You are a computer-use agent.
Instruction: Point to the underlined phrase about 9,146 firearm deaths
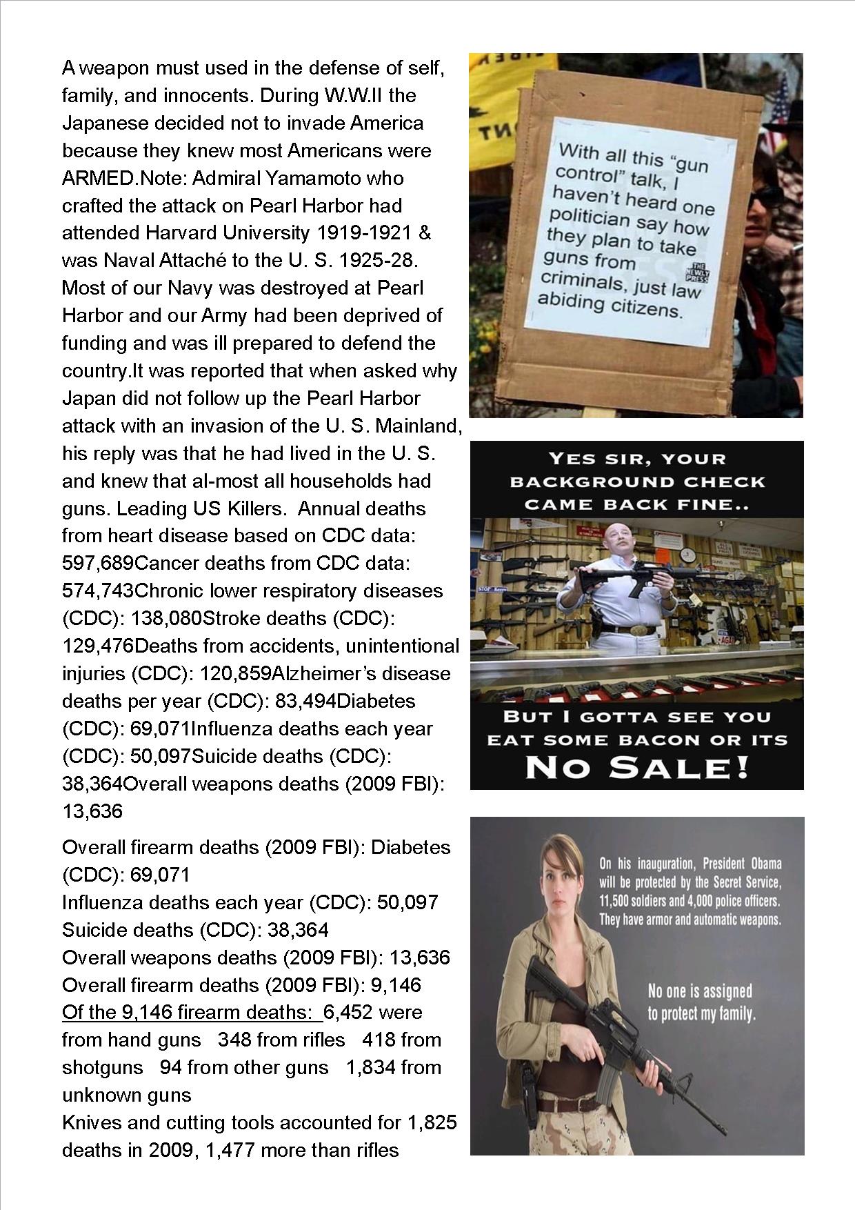coord(188,1012)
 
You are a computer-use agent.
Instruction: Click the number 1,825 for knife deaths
coord(432,1122)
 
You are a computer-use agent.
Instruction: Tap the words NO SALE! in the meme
coord(637,767)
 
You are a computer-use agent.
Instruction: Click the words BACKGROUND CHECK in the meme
coord(637,482)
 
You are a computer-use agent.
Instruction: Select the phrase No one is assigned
coord(700,991)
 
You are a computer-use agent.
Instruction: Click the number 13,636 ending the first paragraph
coord(92,811)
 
